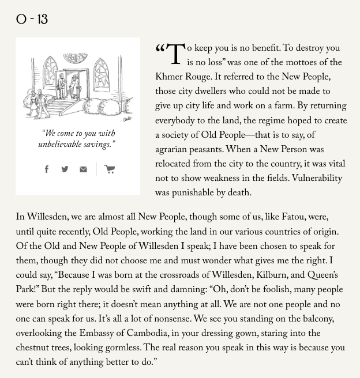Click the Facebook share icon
click(47, 169)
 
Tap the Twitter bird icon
click(65, 169)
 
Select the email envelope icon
click(83, 169)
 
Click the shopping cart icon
click(110, 169)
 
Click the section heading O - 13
click(32, 20)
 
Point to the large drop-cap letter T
click(175, 55)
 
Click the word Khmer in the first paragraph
click(169, 78)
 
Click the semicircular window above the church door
click(76, 58)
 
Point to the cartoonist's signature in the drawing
click(127, 118)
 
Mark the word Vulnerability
click(317, 179)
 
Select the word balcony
click(313, 320)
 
